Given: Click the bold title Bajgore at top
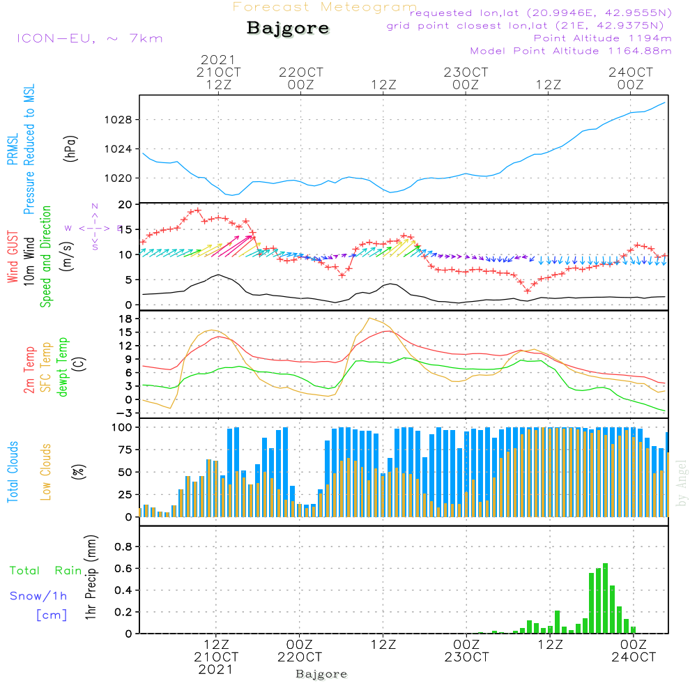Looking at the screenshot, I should (288, 29).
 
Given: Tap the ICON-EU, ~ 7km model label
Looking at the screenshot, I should (89, 38).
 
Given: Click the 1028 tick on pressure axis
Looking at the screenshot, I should (118, 120).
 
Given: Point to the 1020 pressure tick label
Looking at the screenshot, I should (118, 178).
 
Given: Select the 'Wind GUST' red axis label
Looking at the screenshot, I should (13, 258).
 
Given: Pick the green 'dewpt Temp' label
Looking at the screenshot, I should (63, 367).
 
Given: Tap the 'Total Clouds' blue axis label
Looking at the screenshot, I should (13, 472).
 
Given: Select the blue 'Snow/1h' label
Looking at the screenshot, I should (38, 596).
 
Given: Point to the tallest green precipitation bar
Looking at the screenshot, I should (605, 598).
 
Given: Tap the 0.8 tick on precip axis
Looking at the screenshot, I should (123, 546).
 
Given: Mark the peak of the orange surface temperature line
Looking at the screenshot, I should (369, 319).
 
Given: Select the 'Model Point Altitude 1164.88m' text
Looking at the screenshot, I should (571, 51).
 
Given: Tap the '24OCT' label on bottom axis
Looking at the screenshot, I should (633, 657).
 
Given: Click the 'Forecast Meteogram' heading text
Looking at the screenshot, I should (325, 7).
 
